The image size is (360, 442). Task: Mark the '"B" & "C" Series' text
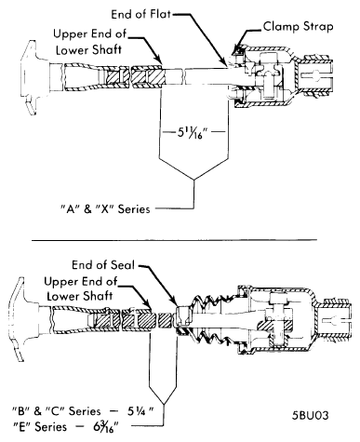[x=56, y=407]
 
